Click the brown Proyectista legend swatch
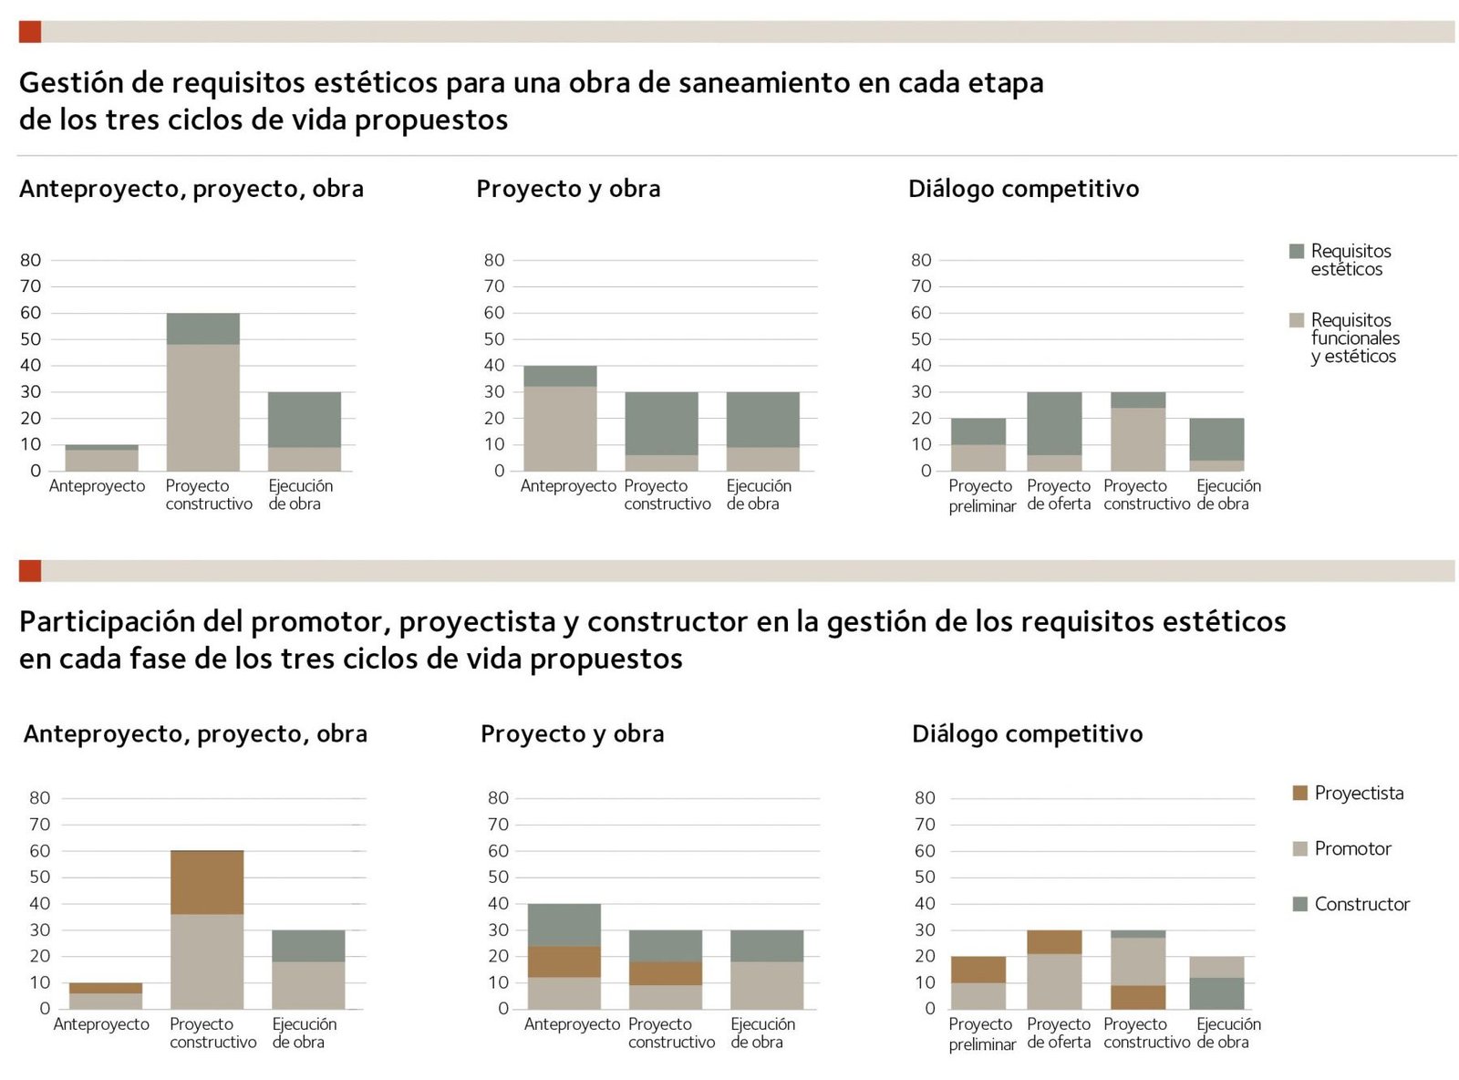1300,793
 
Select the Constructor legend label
1361,904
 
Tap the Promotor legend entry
1352,848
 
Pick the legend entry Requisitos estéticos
1350,260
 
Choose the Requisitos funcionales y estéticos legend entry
1354,338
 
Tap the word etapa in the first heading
1006,83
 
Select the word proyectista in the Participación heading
477,622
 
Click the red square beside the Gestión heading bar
29,32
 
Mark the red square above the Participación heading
29,571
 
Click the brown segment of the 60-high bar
207,882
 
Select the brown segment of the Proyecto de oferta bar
1054,941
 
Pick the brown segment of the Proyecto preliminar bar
978,969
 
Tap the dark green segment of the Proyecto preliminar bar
978,431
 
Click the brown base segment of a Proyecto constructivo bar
1137,997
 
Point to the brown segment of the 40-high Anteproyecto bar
564,961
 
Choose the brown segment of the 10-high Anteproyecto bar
105,988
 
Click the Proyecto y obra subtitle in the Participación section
572,734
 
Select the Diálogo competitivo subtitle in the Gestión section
1023,189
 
